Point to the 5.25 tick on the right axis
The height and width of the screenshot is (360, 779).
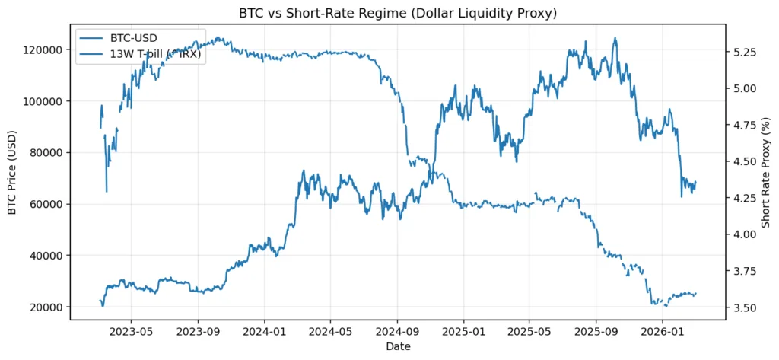[x=743, y=53]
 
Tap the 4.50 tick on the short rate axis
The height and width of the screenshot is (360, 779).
[x=743, y=161]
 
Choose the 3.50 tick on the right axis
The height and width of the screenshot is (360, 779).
[x=743, y=307]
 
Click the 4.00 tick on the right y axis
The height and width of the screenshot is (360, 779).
[x=743, y=234]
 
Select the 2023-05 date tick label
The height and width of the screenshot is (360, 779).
[x=131, y=332]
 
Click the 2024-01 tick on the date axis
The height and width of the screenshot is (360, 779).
[x=265, y=332]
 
